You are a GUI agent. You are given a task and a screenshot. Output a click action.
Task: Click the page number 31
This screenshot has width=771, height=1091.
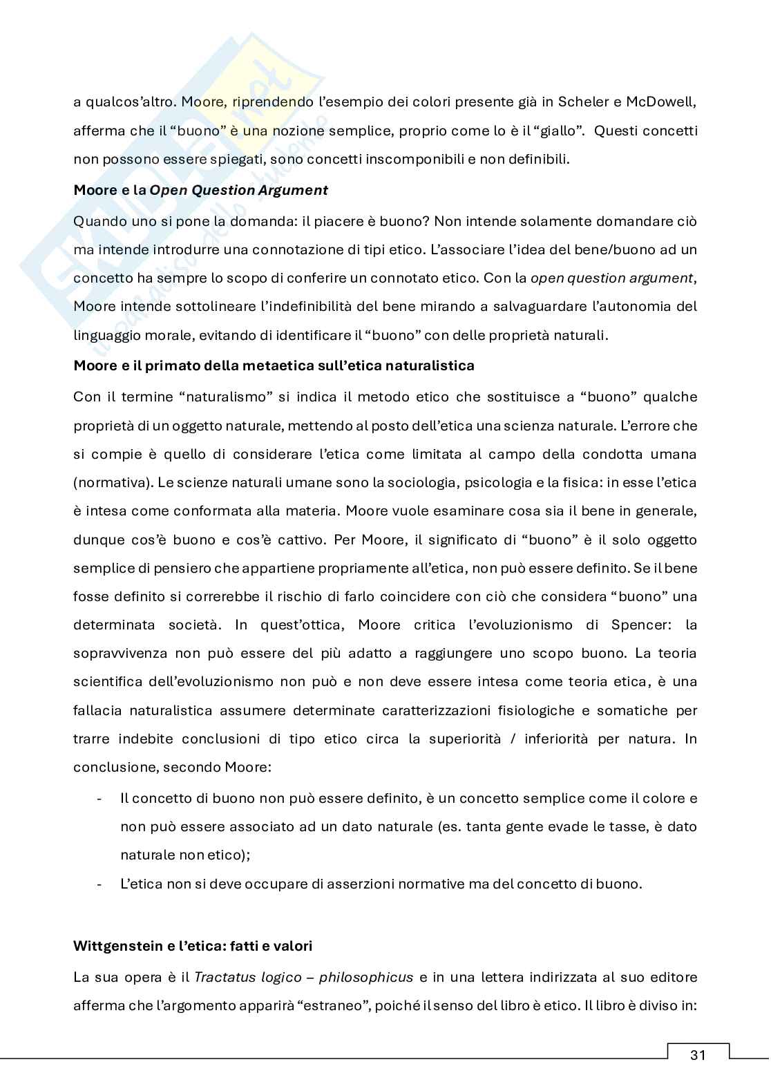click(697, 1055)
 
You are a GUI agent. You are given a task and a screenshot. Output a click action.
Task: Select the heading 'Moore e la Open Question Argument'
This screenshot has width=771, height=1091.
click(200, 190)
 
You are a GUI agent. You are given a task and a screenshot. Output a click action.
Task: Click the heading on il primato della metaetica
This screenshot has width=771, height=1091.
click(274, 366)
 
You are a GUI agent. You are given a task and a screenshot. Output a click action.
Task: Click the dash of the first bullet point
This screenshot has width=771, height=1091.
click(101, 798)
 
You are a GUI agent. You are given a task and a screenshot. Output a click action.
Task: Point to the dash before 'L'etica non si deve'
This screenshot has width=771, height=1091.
click(101, 884)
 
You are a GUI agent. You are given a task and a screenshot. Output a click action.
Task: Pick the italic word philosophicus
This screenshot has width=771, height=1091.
click(366, 977)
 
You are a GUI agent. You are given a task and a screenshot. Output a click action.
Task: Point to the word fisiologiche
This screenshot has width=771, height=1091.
click(517, 710)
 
